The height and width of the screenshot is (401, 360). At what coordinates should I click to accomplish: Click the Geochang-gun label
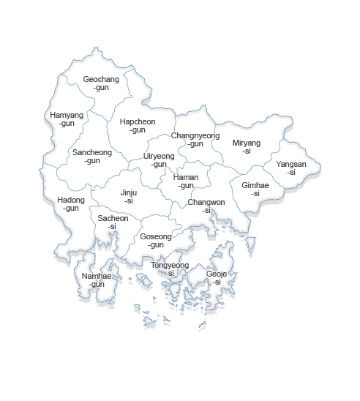coord(101,83)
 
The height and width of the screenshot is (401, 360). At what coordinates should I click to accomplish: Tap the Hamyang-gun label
coord(67,119)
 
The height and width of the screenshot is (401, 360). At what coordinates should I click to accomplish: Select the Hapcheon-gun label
coord(138,126)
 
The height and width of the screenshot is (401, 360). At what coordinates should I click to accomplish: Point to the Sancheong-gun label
coord(92,157)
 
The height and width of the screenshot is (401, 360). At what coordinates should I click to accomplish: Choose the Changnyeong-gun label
coord(195,140)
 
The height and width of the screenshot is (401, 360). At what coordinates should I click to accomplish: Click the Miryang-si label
coord(247,146)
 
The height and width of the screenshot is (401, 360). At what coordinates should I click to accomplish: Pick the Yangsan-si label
coord(291,168)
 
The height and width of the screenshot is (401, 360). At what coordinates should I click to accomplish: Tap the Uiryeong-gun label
coord(159,160)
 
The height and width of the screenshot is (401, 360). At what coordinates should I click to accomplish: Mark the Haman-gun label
coord(186,181)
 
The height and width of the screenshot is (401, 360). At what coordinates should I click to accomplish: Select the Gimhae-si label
coord(255,190)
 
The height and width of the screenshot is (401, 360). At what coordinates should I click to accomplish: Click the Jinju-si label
coord(129,197)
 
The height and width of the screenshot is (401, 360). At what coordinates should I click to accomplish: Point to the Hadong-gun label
coord(71,204)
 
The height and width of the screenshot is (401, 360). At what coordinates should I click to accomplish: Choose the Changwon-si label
coord(206,206)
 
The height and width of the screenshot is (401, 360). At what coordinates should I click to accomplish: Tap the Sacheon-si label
coord(113,222)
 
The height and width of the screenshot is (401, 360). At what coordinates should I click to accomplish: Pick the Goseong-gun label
coord(156,241)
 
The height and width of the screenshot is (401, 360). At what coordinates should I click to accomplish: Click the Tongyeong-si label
coord(170,269)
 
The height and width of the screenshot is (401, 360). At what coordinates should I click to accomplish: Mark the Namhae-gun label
coord(97,280)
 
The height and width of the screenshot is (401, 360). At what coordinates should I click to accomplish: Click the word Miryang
coord(247,143)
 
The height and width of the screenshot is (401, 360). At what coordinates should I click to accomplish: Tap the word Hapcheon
coord(138,122)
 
